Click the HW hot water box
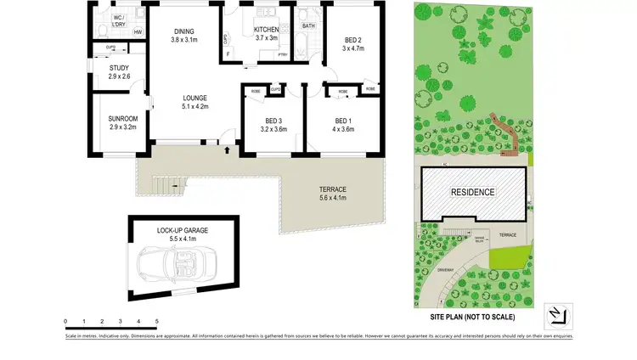tap(137, 32)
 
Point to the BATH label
tap(307, 25)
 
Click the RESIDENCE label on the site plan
tap(472, 192)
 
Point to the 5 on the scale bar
tap(156, 321)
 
